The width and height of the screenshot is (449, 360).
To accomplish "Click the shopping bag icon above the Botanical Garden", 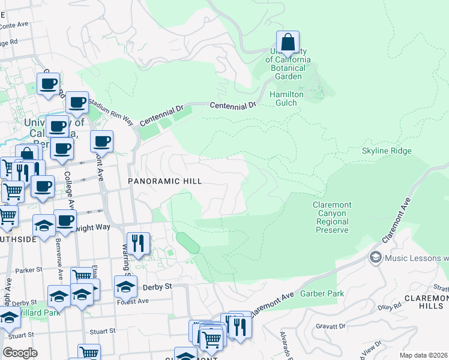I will (288, 43).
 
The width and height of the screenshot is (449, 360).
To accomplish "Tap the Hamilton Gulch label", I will (286, 99).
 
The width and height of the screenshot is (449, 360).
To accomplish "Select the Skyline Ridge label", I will (387, 151).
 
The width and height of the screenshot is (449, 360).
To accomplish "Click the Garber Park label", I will (331, 293).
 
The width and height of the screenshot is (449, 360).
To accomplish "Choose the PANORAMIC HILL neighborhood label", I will (164, 181).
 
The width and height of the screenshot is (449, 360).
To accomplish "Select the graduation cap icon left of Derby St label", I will (125, 287).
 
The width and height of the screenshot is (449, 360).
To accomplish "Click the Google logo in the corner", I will (20, 353).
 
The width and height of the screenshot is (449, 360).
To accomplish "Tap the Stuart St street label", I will (102, 331).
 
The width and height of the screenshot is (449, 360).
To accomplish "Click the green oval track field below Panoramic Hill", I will (188, 243).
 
